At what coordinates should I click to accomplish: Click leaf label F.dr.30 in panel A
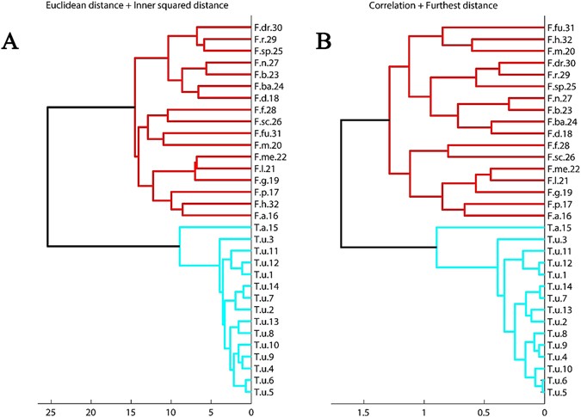coord(269,28)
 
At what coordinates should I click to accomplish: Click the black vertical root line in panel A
coord(47,176)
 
